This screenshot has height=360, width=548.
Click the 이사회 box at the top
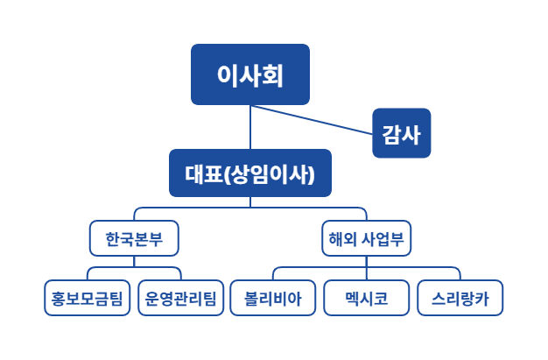250,74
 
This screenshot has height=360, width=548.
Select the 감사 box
401,133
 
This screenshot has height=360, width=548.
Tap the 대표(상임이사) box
249,173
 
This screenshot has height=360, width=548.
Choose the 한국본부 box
134,238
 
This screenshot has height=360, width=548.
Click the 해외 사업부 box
365,238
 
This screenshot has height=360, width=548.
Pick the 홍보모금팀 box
88,299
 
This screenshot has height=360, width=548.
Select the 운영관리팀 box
181,299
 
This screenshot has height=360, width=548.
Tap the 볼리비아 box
272,299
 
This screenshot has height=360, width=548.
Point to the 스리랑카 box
460,299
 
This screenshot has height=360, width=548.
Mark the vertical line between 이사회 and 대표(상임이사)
250,127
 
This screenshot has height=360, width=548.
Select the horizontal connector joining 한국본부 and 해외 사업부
249,208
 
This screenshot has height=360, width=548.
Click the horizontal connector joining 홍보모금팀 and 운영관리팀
134,267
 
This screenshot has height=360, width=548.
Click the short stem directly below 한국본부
134,260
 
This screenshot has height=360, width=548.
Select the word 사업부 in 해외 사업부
379,238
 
